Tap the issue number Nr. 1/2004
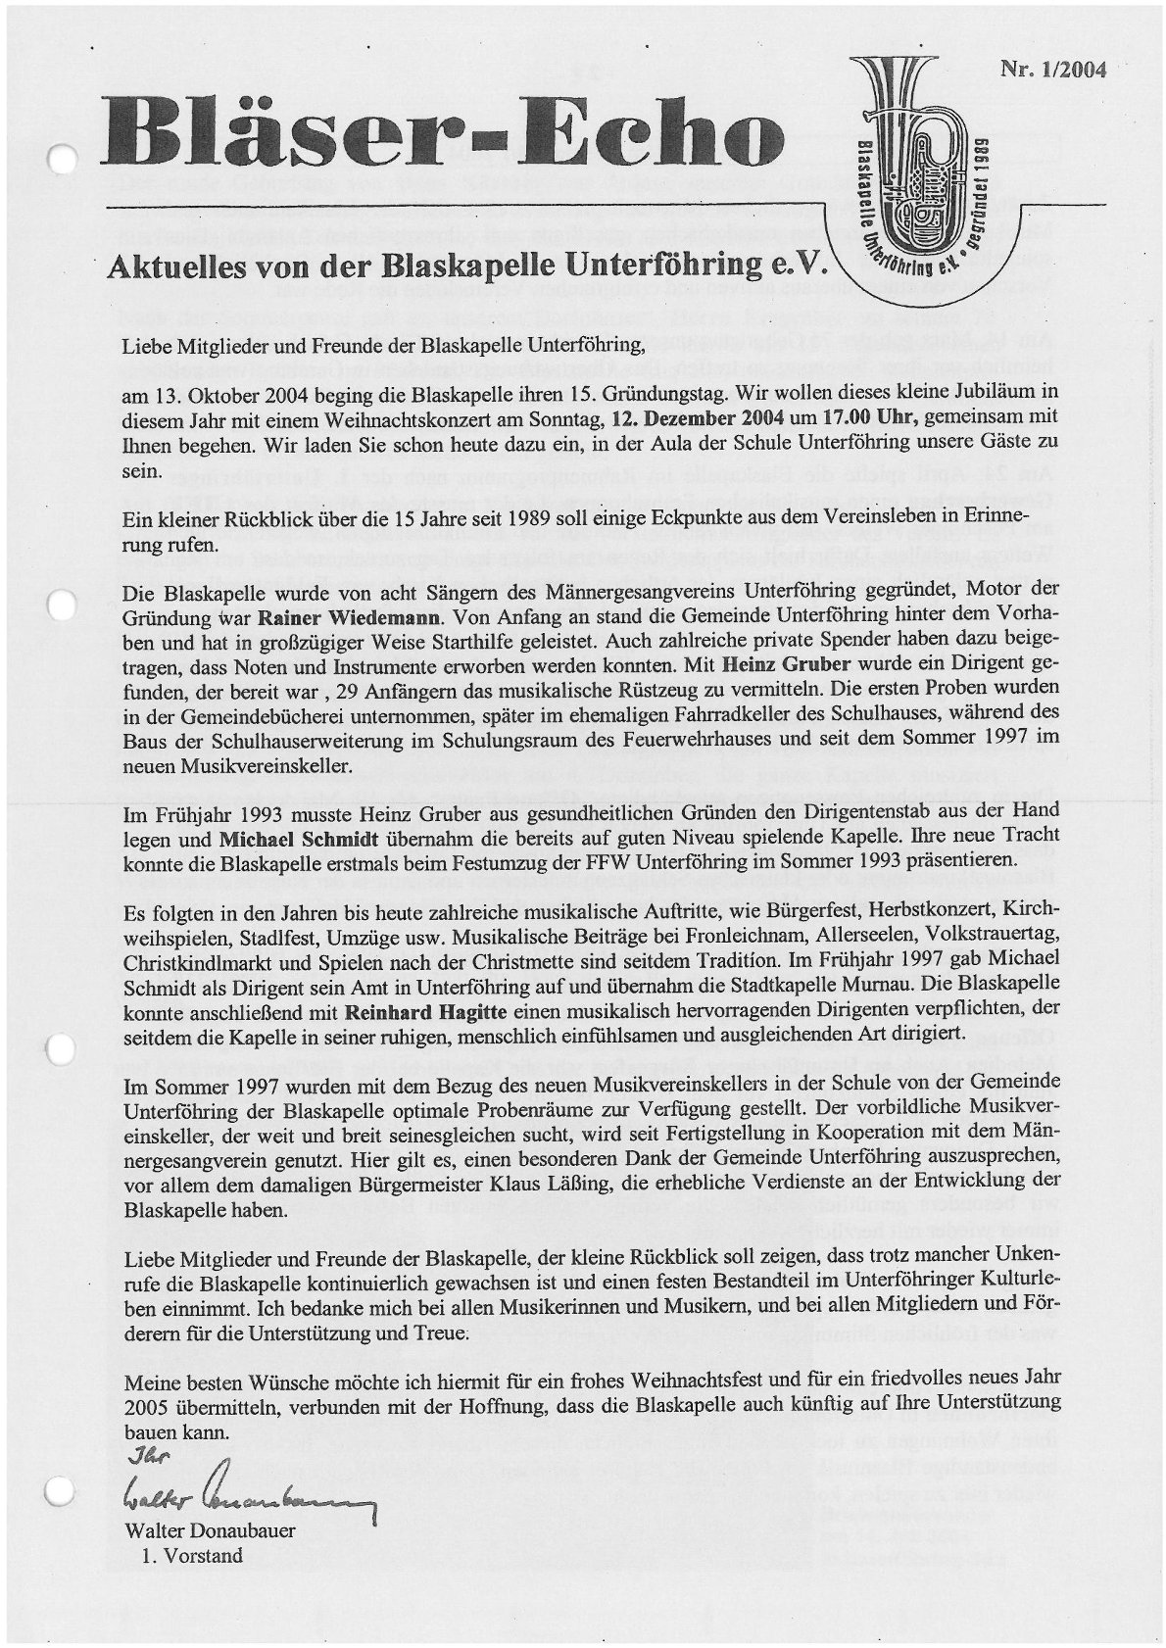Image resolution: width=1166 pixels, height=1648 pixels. [x=1052, y=70]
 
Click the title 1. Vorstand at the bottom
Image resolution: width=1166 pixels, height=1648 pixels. [x=192, y=1556]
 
